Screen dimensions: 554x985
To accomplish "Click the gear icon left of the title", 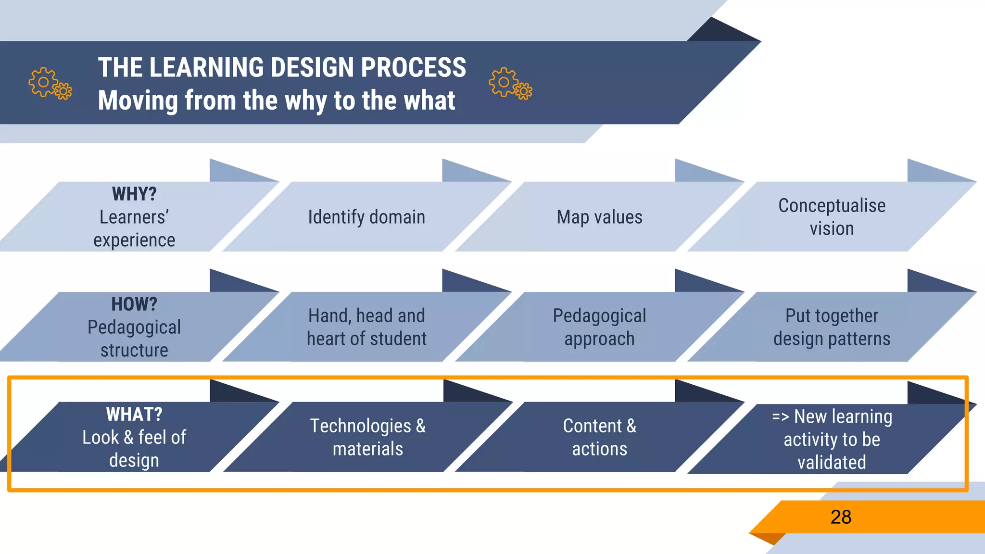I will tap(50, 83).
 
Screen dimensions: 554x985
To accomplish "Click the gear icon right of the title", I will tap(510, 83).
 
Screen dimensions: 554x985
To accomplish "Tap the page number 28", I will tap(841, 517).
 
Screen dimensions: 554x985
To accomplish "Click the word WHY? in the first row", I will tap(134, 194).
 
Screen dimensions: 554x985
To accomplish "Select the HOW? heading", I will tap(134, 304).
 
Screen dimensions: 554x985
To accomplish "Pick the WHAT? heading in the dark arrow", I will tap(134, 415).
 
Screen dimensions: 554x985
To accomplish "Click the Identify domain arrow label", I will tap(366, 217).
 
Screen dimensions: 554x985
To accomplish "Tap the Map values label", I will tap(599, 217).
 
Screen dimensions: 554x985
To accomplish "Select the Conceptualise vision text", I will tap(832, 217).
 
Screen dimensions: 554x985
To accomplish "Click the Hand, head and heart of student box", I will tap(366, 327).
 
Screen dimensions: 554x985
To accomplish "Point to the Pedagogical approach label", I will tap(599, 327).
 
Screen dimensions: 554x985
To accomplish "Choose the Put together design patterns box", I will tap(832, 327).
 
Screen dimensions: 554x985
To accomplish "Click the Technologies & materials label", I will tap(368, 438).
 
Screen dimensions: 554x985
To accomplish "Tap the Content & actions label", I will tap(599, 438).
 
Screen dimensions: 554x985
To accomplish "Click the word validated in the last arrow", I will tap(832, 463).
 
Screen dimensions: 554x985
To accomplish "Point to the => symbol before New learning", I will tap(781, 417).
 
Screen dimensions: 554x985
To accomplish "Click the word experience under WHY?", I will tap(134, 240).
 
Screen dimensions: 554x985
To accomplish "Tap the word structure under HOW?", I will tap(134, 351).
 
